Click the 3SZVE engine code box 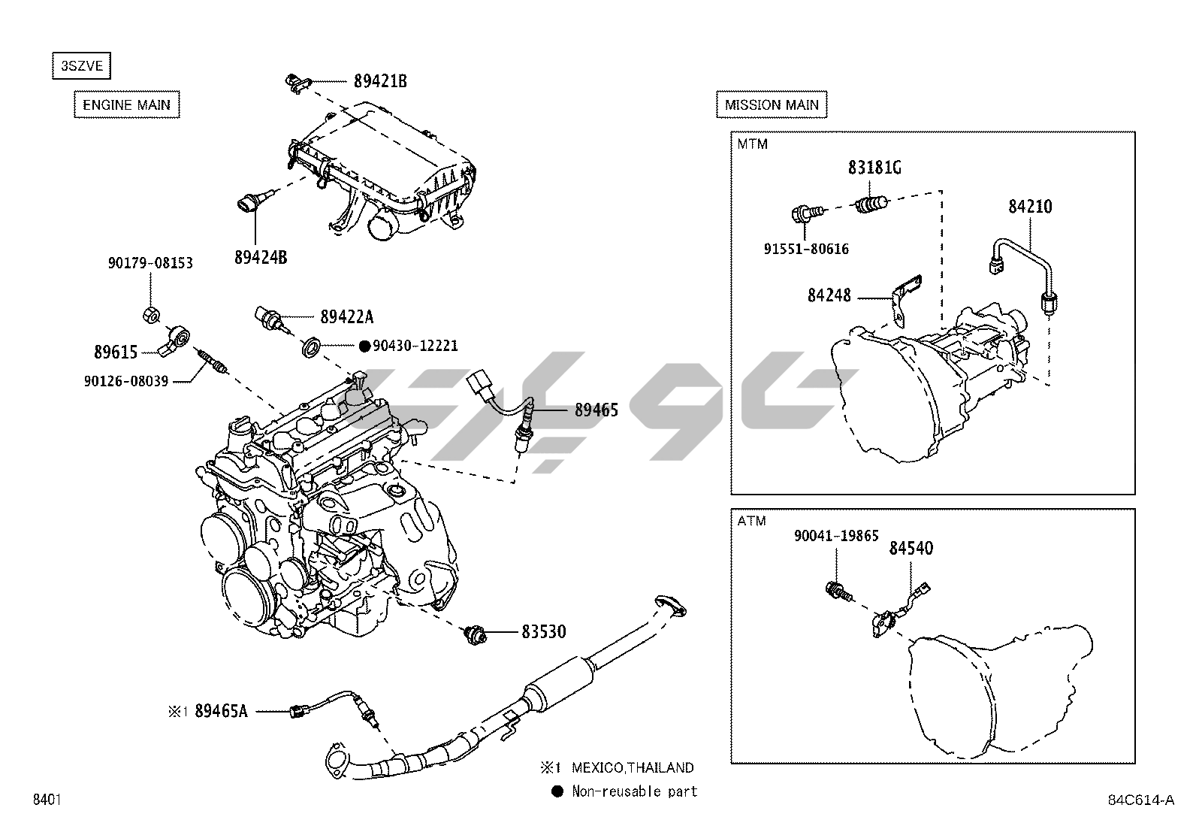pos(81,66)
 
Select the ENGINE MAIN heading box pos(126,104)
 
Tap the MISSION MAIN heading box pos(772,104)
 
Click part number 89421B pos(380,81)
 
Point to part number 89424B pos(261,257)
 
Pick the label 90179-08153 pos(150,263)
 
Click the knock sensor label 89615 pos(116,352)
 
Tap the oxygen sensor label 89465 pos(596,410)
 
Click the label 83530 pos(544,632)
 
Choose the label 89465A pos(221,710)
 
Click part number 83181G pos(874,168)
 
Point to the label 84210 pos(1030,206)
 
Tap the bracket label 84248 pos(829,295)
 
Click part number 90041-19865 pos(836,536)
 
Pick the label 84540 pos(911,549)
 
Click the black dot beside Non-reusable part pos(557,791)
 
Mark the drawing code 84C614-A pos(1140,800)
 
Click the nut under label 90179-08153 pos(150,314)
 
